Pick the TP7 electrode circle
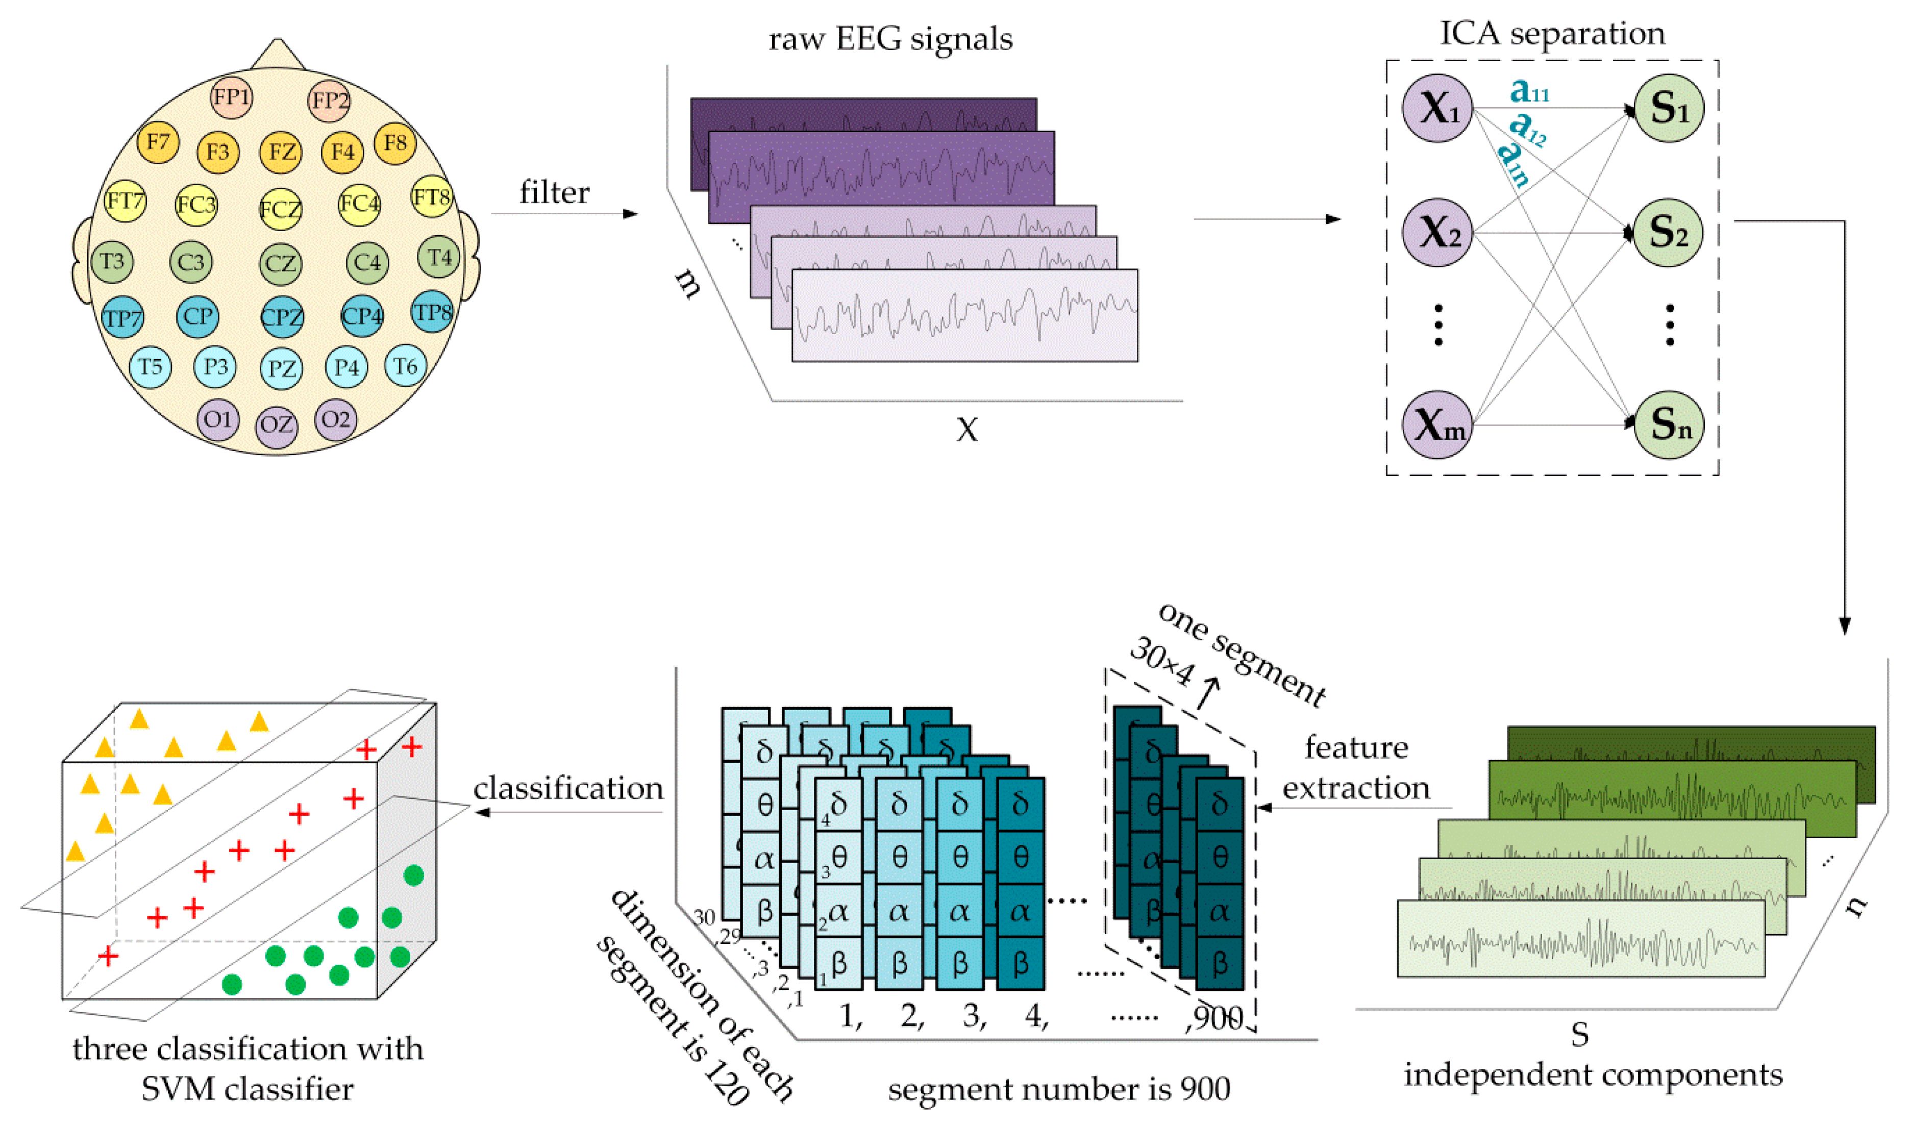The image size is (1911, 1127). click(122, 318)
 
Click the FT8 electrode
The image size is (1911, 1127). click(431, 197)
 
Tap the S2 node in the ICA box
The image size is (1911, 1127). click(1668, 232)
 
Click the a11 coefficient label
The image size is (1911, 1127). click(1528, 91)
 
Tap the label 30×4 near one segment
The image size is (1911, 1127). click(1162, 661)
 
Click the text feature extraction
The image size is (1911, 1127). click(1356, 768)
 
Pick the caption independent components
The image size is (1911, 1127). click(1593, 1074)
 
